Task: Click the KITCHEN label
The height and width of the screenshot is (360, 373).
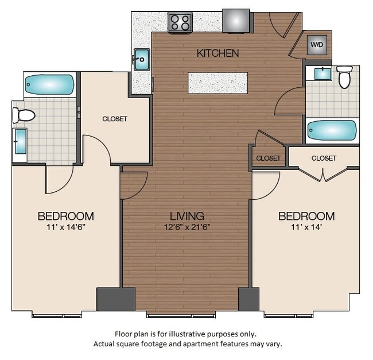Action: pos(217,53)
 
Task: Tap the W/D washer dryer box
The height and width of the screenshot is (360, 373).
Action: pos(316,45)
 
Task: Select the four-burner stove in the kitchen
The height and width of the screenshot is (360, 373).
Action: pos(180,23)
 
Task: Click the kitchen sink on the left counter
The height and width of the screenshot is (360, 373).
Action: pos(141,58)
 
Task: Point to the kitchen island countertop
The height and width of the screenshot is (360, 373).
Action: pos(218,83)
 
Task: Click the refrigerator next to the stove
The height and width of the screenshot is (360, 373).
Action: pos(236,20)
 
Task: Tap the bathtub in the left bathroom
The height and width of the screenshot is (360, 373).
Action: pos(49,85)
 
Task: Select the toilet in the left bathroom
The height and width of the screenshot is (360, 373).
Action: pos(25,115)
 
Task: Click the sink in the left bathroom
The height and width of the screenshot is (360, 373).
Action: pos(20,141)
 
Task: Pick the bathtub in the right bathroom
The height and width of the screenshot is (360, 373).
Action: pos(332,131)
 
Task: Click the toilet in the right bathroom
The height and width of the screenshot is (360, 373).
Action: pos(344,77)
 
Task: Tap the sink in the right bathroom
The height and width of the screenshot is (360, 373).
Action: pos(319,73)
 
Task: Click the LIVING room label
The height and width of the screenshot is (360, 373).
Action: pos(187,216)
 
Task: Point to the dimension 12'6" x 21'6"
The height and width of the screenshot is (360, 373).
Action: pos(187,227)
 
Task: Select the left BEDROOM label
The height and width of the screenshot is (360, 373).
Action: pos(65,216)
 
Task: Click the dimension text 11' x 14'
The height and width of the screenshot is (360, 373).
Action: pos(306,227)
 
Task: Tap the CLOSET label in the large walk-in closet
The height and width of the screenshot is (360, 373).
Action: pos(115,119)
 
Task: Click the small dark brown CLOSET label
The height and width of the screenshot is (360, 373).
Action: pos(269,158)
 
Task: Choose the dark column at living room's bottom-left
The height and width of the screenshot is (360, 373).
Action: pos(115,299)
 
